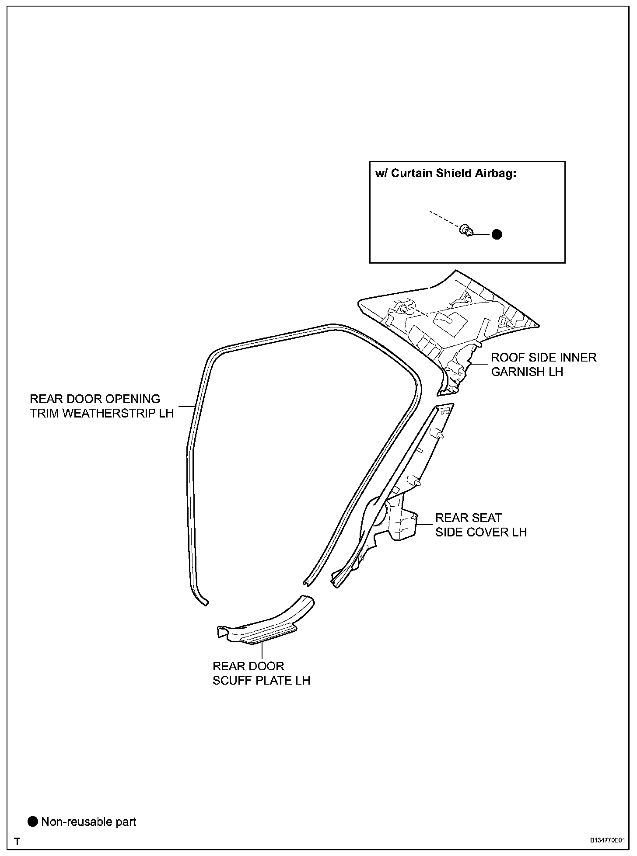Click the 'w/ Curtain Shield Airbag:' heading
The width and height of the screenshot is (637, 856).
[x=446, y=173]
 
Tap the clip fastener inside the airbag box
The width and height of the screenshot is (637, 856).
[x=466, y=230]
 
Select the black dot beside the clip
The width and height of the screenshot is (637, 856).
[x=497, y=234]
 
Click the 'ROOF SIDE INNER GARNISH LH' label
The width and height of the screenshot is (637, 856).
[x=543, y=364]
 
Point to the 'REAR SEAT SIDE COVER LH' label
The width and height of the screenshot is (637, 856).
[x=481, y=525]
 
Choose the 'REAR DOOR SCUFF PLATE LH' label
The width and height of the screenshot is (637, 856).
[x=261, y=673]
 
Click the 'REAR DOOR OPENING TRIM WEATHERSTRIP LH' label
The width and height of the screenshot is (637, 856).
[x=101, y=406]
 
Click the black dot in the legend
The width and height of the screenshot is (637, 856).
[x=33, y=821]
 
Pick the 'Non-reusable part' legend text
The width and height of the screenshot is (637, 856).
[x=89, y=822]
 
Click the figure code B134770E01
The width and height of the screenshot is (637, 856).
[x=606, y=840]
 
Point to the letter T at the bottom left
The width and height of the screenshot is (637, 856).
[x=17, y=841]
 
